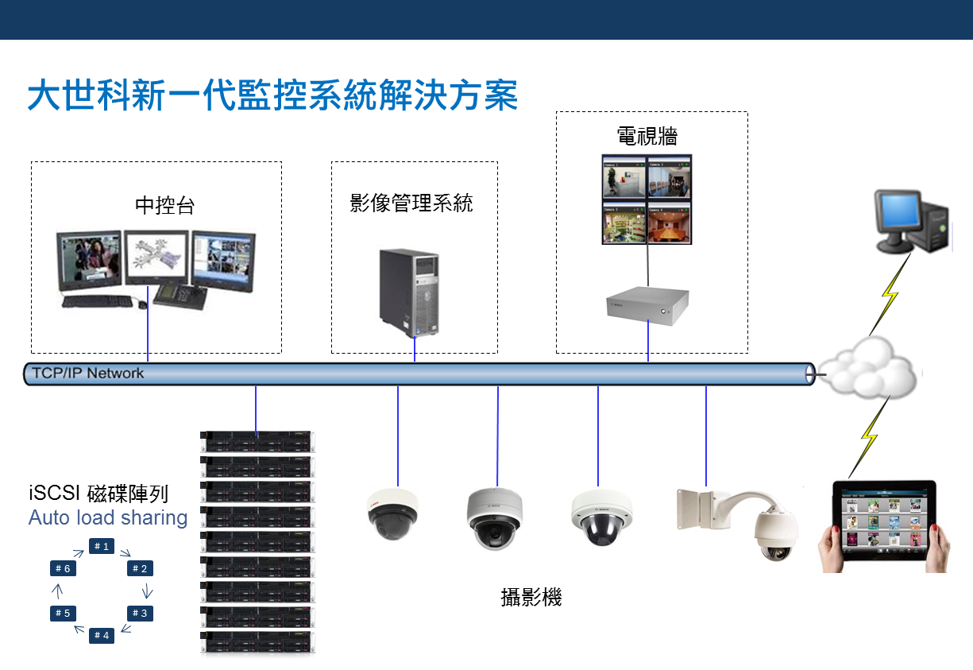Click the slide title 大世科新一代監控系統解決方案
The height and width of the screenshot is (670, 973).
[x=272, y=95]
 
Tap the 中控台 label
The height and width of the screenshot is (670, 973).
[x=164, y=205]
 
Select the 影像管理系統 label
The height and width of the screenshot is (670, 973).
[x=411, y=203]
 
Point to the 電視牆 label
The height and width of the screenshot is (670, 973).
[x=647, y=136]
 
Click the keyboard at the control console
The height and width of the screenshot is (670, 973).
[x=98, y=301]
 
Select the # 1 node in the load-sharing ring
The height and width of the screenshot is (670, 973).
[x=101, y=546]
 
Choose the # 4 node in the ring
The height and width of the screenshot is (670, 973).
[x=101, y=635]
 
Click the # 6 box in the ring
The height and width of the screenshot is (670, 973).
[x=63, y=568]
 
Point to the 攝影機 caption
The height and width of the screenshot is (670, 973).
[x=531, y=598]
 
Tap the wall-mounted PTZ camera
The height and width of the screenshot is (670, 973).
[x=747, y=521]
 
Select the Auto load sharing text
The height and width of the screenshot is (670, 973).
[x=108, y=518]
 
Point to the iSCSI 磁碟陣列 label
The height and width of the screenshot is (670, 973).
[x=98, y=494]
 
